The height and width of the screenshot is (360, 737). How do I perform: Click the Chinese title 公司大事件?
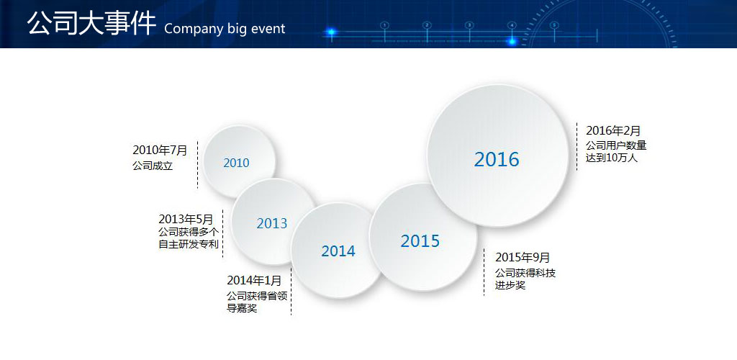91,24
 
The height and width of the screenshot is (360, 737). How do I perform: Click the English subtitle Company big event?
225,29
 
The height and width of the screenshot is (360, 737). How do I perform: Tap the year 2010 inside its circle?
236,163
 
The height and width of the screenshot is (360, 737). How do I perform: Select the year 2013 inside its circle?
271,223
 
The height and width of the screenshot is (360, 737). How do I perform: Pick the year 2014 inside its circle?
338,251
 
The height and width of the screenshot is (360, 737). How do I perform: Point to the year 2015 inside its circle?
420,241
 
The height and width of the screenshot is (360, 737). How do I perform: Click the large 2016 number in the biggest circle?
497,159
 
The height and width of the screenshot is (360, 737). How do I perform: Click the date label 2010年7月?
160,150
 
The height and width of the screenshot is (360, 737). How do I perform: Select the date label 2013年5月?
186,219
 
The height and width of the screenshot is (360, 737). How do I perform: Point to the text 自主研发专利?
189,244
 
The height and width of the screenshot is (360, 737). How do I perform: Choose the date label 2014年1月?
254,281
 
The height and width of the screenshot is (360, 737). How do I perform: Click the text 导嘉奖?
242,309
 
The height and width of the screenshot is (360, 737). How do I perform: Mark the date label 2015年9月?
523,258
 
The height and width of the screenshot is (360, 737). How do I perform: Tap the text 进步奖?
510,285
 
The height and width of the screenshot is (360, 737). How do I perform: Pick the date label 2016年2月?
613,130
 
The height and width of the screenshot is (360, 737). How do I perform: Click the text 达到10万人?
612,158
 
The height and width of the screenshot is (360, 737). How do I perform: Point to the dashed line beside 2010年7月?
197,164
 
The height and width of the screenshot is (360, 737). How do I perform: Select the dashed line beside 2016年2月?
577,147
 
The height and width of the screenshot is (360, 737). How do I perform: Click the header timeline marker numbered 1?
384,25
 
